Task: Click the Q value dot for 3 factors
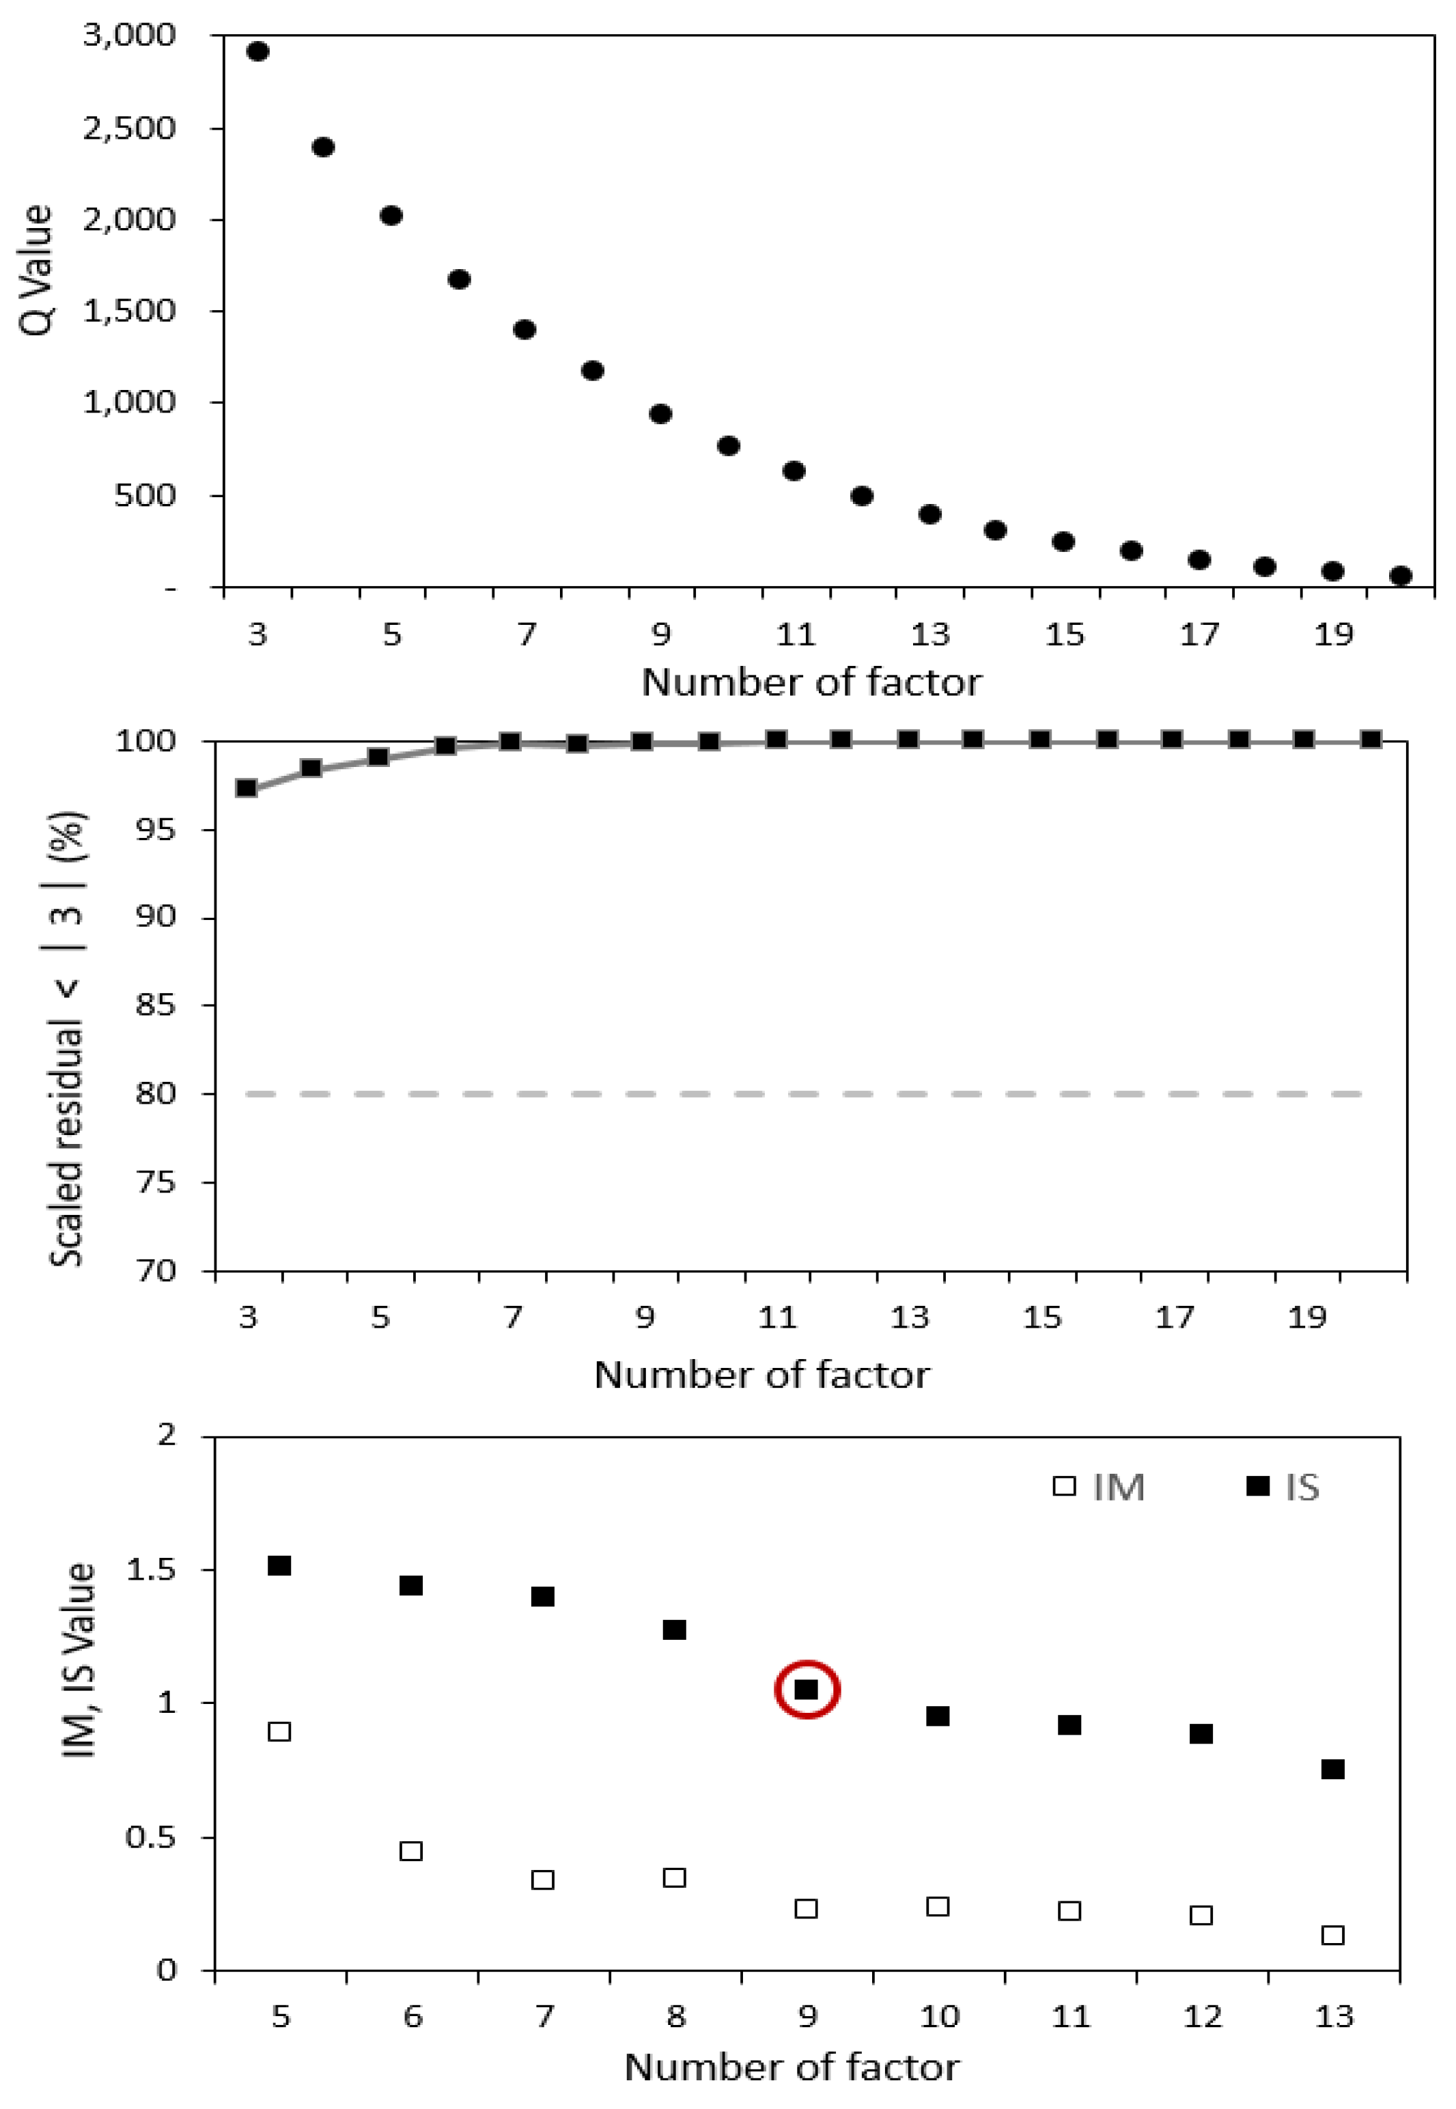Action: tap(258, 52)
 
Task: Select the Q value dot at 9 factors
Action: tap(660, 414)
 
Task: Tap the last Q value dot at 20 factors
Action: tap(1401, 576)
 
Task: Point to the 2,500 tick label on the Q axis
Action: tap(128, 128)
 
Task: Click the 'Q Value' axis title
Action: tap(36, 270)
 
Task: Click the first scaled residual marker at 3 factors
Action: tap(247, 787)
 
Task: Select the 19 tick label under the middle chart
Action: tap(1306, 1317)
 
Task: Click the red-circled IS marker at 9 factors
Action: tap(807, 1690)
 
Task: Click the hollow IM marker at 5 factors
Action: tap(279, 1731)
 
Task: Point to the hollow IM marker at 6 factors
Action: tap(410, 1851)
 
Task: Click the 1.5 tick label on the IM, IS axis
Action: tap(150, 1570)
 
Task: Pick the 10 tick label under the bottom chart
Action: tap(939, 2016)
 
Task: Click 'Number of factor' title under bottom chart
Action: tap(791, 2067)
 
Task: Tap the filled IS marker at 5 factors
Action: tap(279, 1565)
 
